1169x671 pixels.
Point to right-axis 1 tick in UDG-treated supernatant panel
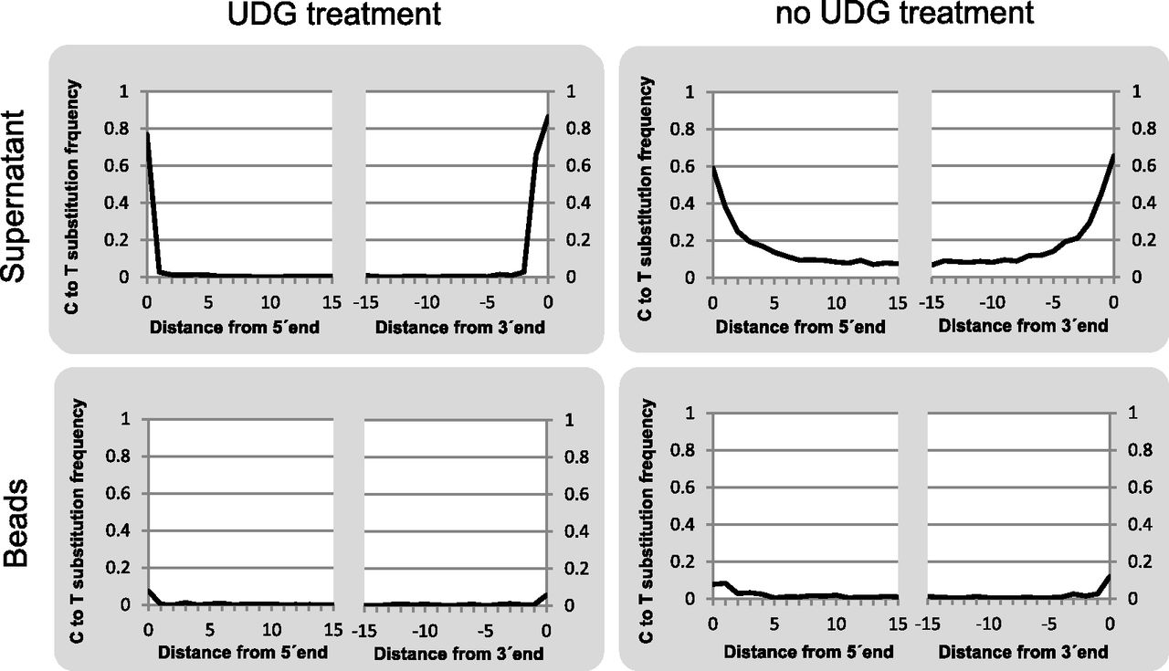tap(567, 92)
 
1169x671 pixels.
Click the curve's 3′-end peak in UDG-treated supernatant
tap(547, 116)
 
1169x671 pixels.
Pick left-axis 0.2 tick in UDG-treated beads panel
tap(130, 568)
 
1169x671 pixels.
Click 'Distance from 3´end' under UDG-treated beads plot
tap(459, 654)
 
